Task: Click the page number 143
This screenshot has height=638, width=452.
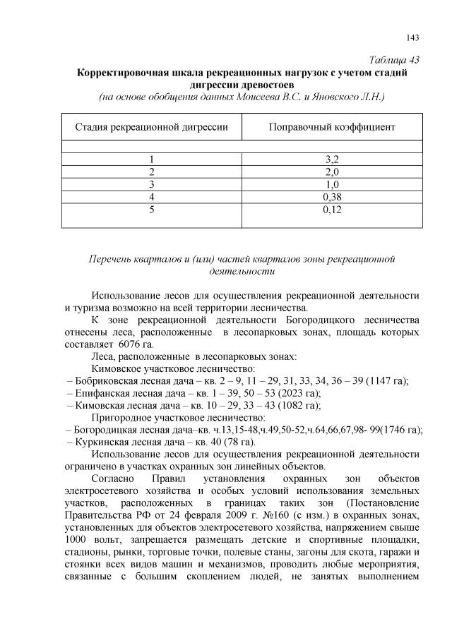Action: click(414, 37)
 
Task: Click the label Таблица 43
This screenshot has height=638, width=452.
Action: click(395, 59)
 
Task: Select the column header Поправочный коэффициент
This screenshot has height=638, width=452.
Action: click(331, 127)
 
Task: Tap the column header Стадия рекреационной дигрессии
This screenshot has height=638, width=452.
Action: click(151, 127)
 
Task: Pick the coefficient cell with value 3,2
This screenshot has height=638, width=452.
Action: click(331, 159)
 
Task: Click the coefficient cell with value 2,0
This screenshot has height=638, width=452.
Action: click(331, 171)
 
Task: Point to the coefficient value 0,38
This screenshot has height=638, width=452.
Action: click(331, 197)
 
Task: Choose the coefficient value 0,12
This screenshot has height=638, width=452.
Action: click(331, 210)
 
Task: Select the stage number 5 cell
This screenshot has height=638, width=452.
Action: click(151, 210)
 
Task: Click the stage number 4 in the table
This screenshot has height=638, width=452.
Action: click(151, 197)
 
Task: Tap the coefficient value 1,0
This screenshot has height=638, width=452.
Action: click(331, 184)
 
